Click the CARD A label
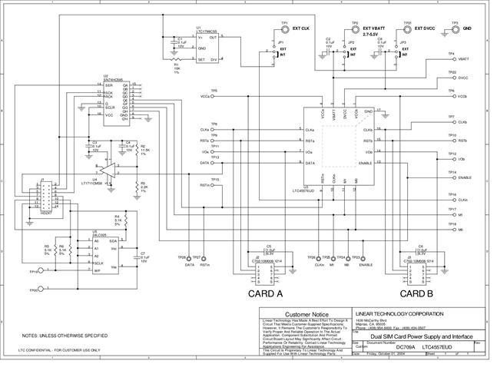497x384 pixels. click(265, 293)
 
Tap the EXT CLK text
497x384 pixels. click(301, 28)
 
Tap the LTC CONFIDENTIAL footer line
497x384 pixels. click(48, 350)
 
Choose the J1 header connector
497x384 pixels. click(48, 194)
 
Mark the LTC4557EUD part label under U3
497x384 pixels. click(316, 190)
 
